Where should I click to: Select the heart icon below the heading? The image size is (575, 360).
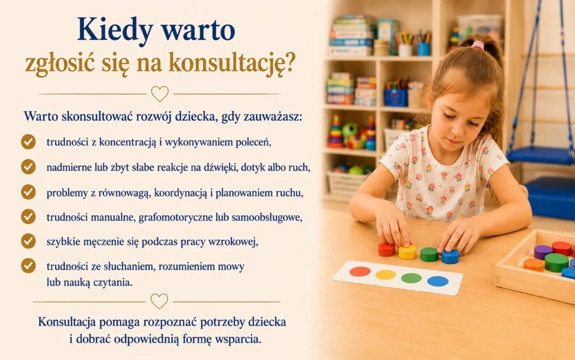point(160,93)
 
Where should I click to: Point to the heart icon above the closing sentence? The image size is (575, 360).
point(159,301)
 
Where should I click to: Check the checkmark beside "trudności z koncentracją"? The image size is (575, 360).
point(28,142)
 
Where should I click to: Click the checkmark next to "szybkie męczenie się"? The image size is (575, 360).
point(28,241)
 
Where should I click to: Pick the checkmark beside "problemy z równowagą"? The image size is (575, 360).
point(28,192)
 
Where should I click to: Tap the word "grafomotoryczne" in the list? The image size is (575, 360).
point(176,218)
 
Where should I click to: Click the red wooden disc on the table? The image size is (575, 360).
point(386,249)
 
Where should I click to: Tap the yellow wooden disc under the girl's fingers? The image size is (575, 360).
point(408,252)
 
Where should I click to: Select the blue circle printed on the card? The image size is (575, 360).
point(438,281)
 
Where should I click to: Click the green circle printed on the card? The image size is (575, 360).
point(412,278)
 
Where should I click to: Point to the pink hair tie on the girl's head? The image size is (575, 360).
point(478,45)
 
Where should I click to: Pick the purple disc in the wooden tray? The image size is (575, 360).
point(543,252)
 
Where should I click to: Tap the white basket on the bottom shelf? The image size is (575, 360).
point(346,182)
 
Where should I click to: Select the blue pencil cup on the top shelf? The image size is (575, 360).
point(423,49)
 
